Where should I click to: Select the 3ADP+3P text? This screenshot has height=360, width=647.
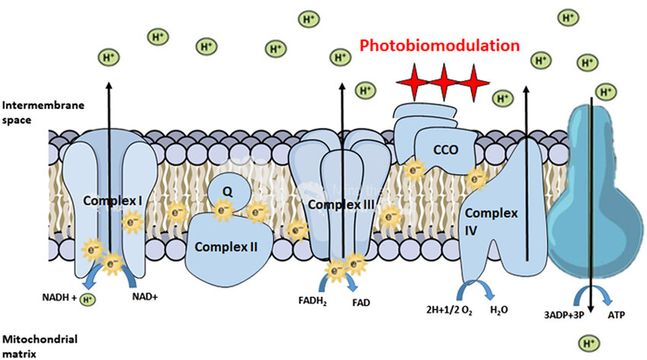click(563, 313)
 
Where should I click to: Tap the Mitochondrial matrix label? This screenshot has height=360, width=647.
click(33, 346)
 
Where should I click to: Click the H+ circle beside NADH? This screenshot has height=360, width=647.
click(89, 299)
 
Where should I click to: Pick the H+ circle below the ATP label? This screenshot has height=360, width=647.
click(587, 345)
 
